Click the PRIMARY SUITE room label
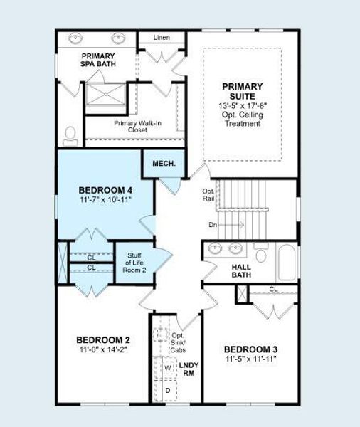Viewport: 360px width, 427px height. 242,92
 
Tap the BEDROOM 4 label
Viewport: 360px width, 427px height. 105,190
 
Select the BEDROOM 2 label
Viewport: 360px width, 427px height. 103,339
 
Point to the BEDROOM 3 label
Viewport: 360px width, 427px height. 250,349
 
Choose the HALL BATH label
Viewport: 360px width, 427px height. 241,270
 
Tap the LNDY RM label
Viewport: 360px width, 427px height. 189,370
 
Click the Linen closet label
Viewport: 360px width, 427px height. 162,37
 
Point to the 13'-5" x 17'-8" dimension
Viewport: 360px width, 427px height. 242,106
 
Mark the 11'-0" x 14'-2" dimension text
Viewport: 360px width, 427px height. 103,350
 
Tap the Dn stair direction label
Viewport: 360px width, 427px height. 213,225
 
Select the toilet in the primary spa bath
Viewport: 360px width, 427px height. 70,133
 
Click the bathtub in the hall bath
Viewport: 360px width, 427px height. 286,263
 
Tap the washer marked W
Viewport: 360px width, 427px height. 168,368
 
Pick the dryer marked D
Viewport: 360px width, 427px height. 168,390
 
